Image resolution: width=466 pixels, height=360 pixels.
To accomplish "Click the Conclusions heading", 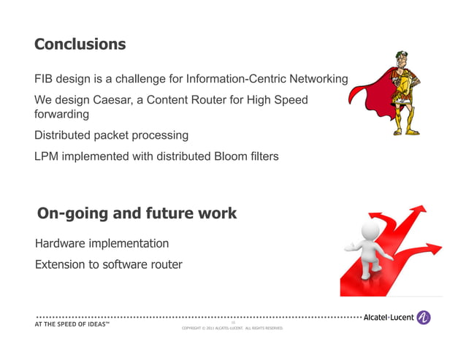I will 80,44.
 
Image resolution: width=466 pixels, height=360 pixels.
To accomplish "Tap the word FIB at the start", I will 45,79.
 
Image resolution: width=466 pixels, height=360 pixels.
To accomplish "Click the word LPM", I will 48,156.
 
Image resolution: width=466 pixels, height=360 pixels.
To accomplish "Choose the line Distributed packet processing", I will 111,135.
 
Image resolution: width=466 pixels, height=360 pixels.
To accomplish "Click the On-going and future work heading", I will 137,213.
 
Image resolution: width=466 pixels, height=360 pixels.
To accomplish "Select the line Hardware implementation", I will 102,243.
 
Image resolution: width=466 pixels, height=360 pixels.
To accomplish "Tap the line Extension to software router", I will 108,264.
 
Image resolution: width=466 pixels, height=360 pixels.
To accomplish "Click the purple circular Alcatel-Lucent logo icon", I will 423,318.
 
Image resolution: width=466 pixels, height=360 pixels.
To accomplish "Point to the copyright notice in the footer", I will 232,329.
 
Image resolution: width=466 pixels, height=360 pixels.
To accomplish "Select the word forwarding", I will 61,115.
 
